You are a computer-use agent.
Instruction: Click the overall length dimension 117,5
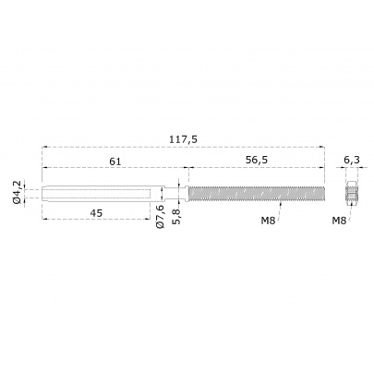click(183, 139)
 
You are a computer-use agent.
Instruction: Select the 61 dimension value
click(115, 162)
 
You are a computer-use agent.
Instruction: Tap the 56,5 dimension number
click(257, 160)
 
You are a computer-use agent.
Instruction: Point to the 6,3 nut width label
click(352, 160)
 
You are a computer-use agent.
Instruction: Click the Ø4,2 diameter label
click(18, 192)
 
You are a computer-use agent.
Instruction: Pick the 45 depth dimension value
click(96, 212)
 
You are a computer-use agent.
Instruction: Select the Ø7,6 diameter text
click(161, 217)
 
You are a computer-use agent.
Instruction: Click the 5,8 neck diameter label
click(178, 217)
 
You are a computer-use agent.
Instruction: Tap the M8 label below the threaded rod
click(268, 221)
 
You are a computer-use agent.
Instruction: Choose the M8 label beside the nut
click(339, 221)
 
